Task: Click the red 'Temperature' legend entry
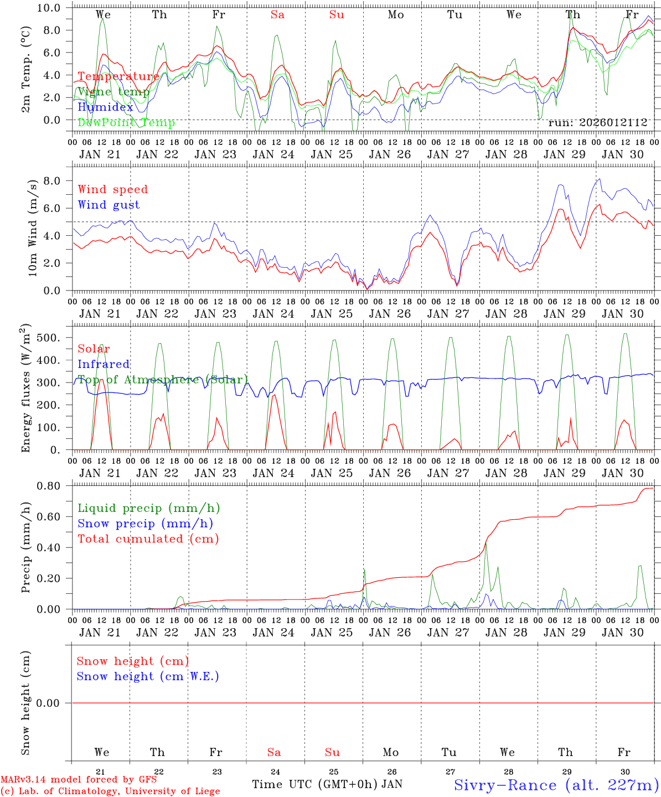pyautogui.click(x=118, y=76)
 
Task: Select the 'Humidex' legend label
pyautogui.click(x=105, y=107)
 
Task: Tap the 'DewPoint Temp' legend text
pyautogui.click(x=126, y=122)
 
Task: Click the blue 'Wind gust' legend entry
pyautogui.click(x=109, y=205)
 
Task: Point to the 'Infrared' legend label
pyautogui.click(x=104, y=364)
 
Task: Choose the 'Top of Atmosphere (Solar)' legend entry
pyautogui.click(x=163, y=380)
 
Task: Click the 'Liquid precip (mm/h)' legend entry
pyautogui.click(x=149, y=508)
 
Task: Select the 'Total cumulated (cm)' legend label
pyautogui.click(x=148, y=539)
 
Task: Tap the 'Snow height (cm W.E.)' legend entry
pyautogui.click(x=148, y=676)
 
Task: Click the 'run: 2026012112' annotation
pyautogui.click(x=597, y=122)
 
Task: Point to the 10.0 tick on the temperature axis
pyautogui.click(x=53, y=8)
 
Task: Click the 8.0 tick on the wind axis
pyautogui.click(x=55, y=180)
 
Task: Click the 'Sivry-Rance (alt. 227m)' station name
pyautogui.click(x=556, y=785)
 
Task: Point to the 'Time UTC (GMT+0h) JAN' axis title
pyautogui.click(x=327, y=784)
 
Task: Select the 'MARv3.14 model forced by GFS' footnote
pyautogui.click(x=79, y=780)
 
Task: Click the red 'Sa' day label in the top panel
pyautogui.click(x=277, y=15)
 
